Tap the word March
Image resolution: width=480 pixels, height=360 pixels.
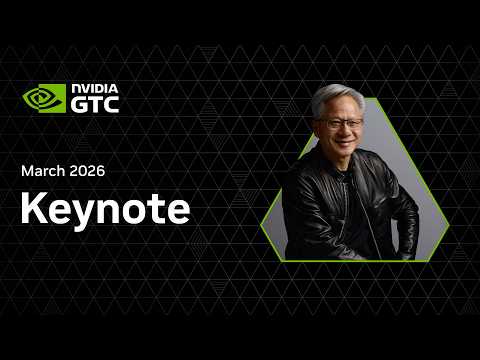click(45, 171)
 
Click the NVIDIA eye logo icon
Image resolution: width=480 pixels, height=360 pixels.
click(44, 99)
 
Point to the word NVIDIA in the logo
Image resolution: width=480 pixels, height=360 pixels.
click(94, 89)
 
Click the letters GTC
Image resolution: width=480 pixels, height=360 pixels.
click(95, 104)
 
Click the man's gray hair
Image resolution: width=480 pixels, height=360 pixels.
click(334, 98)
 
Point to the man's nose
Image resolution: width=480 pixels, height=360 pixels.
click(343, 133)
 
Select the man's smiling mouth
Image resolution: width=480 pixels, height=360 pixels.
click(343, 144)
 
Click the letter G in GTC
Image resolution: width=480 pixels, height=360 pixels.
click(79, 104)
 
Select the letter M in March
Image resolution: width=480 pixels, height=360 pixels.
click(28, 171)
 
